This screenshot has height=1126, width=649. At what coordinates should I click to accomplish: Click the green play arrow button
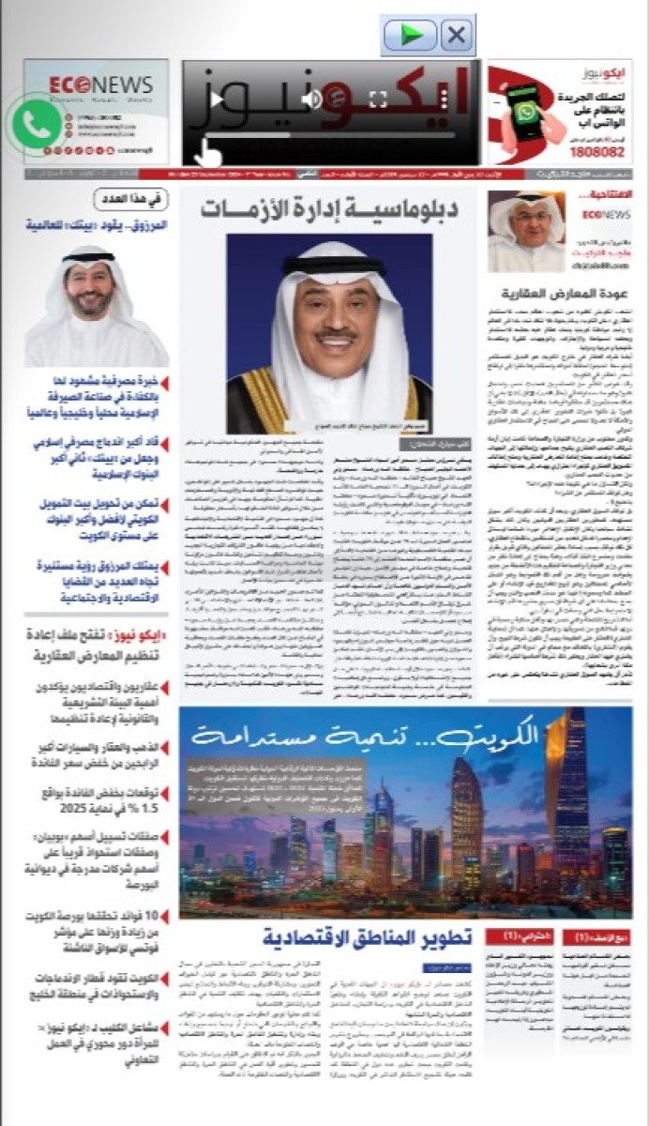pyautogui.click(x=410, y=36)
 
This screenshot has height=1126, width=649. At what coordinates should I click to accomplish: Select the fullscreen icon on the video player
pyautogui.click(x=378, y=99)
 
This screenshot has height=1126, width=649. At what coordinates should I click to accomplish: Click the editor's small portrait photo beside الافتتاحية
pyautogui.click(x=526, y=231)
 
